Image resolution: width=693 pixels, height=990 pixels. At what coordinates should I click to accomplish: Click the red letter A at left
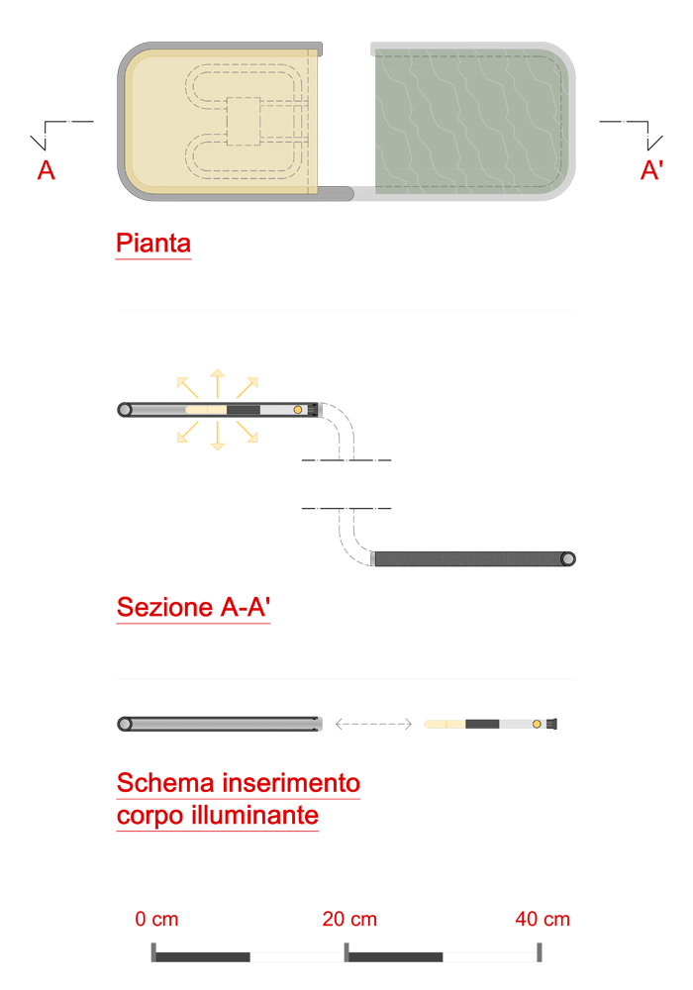click(x=47, y=170)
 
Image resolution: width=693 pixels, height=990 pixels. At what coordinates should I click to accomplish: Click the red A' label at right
click(x=651, y=170)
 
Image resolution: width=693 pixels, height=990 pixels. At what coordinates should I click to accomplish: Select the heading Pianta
click(x=153, y=244)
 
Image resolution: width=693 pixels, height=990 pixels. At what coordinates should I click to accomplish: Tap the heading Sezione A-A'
click(x=193, y=607)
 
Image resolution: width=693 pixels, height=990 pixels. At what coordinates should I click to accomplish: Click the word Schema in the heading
click(x=165, y=783)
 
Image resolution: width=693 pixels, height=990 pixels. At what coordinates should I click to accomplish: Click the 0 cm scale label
click(x=156, y=919)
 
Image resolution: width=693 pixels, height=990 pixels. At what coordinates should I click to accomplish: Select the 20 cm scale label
click(x=349, y=919)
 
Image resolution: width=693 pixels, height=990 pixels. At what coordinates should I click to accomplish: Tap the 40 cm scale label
click(x=543, y=919)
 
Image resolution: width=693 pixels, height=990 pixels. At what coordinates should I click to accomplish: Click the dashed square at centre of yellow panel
click(x=244, y=121)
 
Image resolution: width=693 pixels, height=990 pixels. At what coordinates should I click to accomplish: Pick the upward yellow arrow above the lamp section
click(x=217, y=383)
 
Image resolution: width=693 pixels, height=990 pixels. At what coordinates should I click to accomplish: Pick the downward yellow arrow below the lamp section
click(x=217, y=436)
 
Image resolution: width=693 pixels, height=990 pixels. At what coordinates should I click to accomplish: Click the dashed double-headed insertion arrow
click(x=373, y=725)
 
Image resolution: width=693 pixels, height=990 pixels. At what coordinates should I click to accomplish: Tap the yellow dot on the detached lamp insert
click(x=537, y=725)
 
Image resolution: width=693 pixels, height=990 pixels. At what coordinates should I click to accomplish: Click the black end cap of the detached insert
click(x=551, y=725)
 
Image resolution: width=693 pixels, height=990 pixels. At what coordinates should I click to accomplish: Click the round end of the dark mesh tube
click(x=568, y=558)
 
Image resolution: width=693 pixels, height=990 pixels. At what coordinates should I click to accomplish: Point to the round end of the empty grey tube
click(x=125, y=725)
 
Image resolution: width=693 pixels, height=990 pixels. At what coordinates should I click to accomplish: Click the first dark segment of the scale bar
click(x=203, y=957)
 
